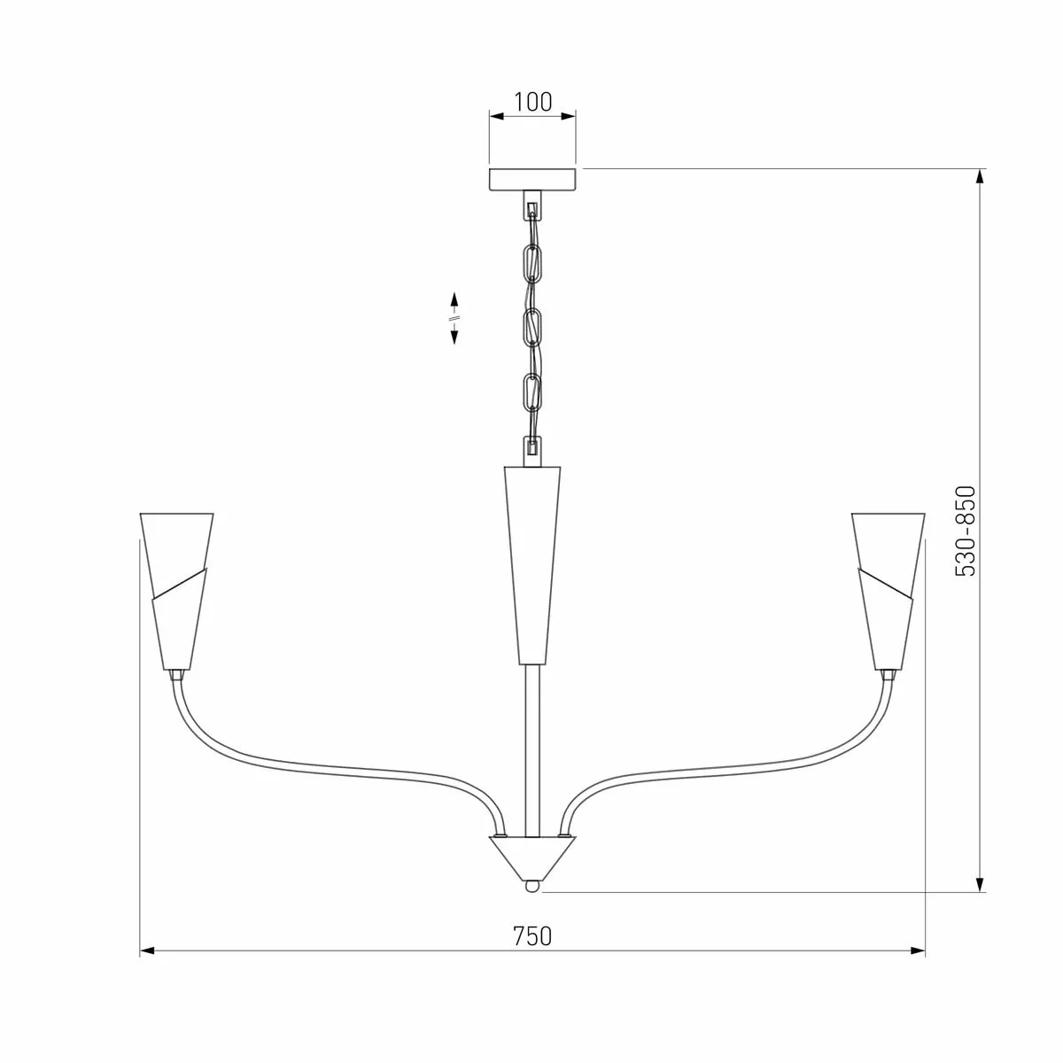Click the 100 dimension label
(x=532, y=102)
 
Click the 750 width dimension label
(x=532, y=936)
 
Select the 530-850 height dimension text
(x=965, y=531)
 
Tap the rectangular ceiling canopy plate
(x=532, y=180)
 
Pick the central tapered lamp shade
(x=532, y=565)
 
